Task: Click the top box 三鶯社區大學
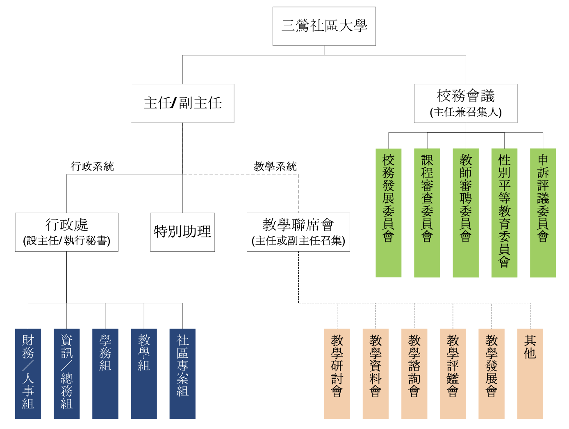(x=324, y=26)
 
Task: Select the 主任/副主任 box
(x=182, y=104)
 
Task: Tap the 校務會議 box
(x=466, y=104)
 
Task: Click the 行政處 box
(x=67, y=232)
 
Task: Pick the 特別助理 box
(x=182, y=232)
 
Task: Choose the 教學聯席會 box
(x=298, y=232)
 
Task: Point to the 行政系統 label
(x=92, y=166)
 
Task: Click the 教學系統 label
(x=275, y=166)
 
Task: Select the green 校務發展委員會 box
(x=388, y=213)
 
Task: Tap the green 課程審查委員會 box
(x=427, y=213)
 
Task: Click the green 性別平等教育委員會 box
(x=504, y=213)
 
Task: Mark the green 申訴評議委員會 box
(x=543, y=213)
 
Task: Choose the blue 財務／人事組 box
(x=28, y=373)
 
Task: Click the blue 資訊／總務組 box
(x=67, y=373)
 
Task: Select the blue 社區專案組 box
(x=182, y=373)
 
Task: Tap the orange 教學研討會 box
(x=337, y=373)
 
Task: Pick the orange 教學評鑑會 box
(x=453, y=373)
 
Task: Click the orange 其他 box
(x=530, y=373)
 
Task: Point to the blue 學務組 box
(x=105, y=373)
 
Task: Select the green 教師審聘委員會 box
(x=466, y=213)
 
